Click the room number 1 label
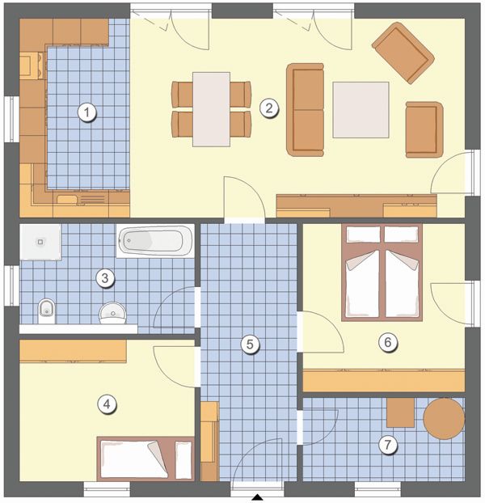tap(86, 112)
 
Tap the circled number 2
tap(268, 108)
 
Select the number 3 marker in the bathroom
tap(105, 278)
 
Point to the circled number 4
tap(107, 404)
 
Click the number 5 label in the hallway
tap(250, 344)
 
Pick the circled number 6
tap(387, 342)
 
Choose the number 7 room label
tap(387, 445)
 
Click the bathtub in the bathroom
tap(155, 241)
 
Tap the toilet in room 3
tap(47, 311)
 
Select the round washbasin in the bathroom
tap(112, 313)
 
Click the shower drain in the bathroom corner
tap(40, 242)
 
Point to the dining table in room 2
tap(211, 109)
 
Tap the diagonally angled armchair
tap(403, 53)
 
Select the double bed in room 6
tap(382, 273)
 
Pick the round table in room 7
tap(444, 418)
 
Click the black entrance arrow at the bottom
tap(257, 497)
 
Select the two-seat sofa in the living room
tap(306, 110)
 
